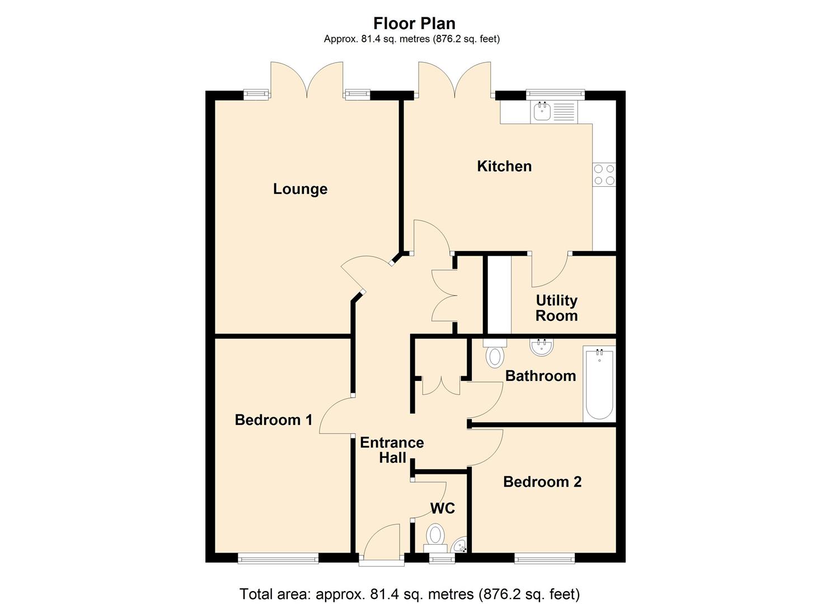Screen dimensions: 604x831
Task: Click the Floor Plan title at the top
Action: tap(414, 23)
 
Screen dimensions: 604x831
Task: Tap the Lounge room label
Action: tap(300, 189)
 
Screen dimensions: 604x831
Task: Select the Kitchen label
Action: tap(504, 166)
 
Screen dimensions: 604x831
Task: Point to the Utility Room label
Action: tap(556, 308)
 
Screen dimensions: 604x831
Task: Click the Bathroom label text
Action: tap(541, 376)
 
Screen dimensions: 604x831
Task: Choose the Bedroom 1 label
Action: tap(274, 420)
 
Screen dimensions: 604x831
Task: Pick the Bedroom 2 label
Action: tap(542, 482)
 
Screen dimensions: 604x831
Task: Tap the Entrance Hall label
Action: tap(392, 450)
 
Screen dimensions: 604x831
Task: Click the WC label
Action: tap(442, 508)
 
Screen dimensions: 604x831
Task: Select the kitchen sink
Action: tap(542, 111)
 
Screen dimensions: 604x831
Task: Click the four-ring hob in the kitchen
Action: tap(604, 174)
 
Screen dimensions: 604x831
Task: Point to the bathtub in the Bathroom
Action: tap(599, 384)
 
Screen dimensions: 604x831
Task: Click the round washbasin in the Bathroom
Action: tap(542, 347)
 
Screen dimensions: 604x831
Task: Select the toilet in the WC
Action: tap(435, 535)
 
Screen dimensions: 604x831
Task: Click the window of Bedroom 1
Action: tap(278, 558)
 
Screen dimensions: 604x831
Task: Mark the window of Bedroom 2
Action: tap(544, 558)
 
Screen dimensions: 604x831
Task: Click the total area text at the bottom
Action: tap(410, 594)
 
